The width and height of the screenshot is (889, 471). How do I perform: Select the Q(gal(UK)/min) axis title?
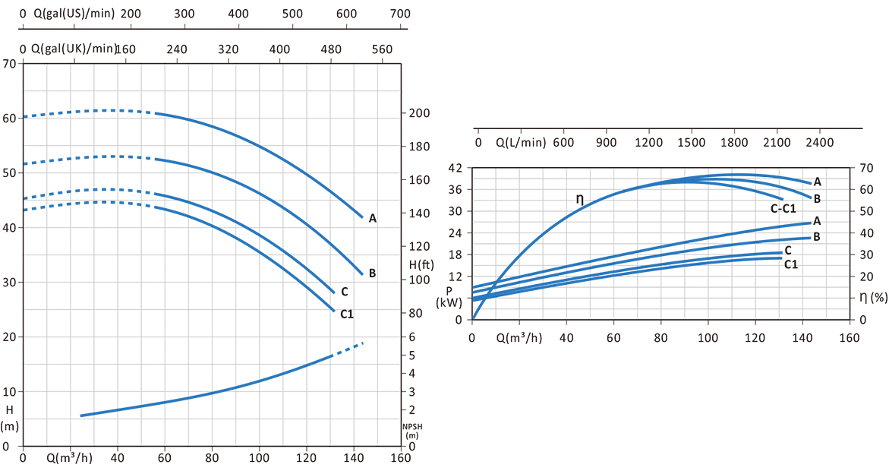(x=74, y=49)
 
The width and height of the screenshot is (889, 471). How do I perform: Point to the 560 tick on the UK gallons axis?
(x=382, y=49)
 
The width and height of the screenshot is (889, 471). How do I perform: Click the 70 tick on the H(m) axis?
(x=11, y=64)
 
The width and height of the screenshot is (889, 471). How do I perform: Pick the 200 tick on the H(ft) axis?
(x=421, y=113)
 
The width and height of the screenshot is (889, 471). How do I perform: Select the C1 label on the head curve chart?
(x=346, y=313)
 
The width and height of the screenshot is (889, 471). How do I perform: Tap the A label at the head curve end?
(x=372, y=219)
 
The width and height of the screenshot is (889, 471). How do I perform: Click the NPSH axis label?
(x=411, y=431)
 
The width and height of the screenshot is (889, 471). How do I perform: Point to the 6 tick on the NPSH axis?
(x=412, y=337)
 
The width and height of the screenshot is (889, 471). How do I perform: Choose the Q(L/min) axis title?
(x=523, y=142)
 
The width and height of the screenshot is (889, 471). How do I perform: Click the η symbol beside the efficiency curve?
(x=580, y=199)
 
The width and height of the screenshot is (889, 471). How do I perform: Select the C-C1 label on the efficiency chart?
(x=783, y=208)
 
